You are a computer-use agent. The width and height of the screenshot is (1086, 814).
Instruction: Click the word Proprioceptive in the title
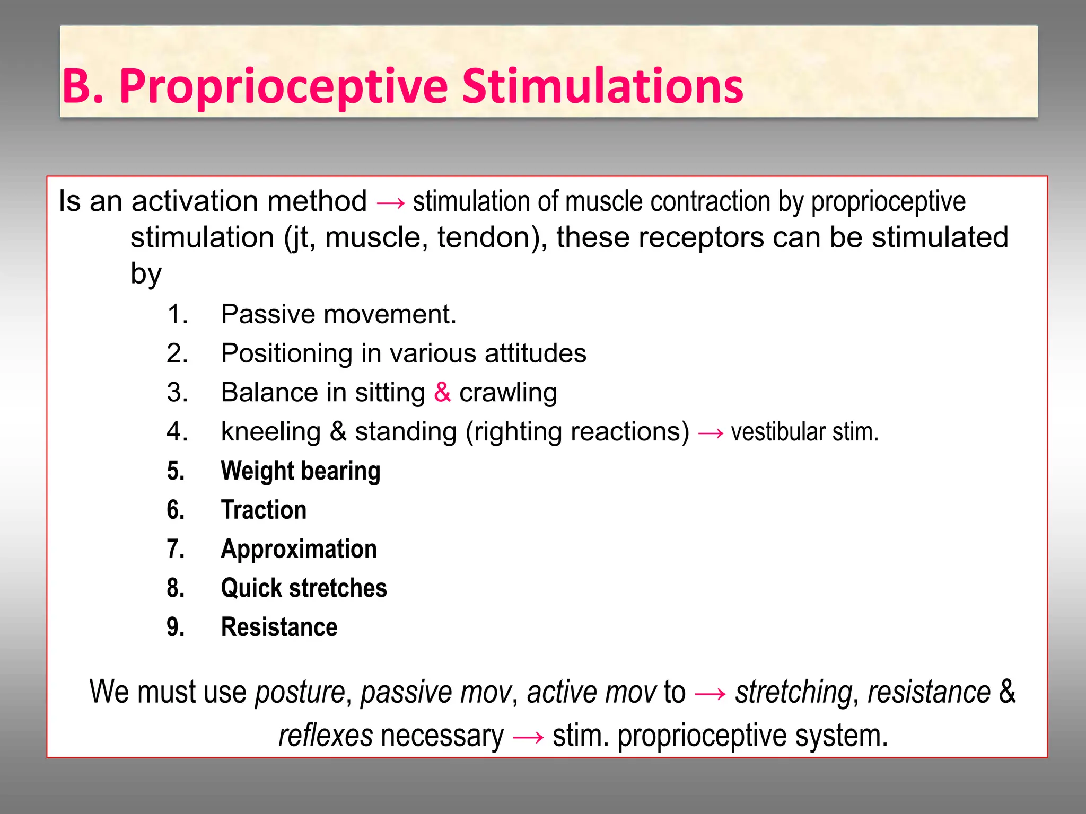283,86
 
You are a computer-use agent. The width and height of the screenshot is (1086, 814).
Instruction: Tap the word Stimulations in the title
602,86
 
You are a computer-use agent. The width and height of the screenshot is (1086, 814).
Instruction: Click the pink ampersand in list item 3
442,393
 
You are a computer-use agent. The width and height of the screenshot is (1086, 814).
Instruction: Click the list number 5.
176,471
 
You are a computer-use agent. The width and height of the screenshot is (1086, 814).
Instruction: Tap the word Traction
264,510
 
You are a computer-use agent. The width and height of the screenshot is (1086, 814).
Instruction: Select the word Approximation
299,549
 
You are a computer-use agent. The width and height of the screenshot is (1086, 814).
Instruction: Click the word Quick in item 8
251,588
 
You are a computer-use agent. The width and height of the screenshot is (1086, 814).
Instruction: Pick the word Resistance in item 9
279,627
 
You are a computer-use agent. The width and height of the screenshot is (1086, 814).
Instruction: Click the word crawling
508,393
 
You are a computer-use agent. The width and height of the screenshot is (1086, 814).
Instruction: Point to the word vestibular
777,432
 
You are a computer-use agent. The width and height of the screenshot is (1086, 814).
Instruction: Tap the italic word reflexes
326,736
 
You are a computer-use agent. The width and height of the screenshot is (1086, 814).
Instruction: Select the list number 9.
176,627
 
